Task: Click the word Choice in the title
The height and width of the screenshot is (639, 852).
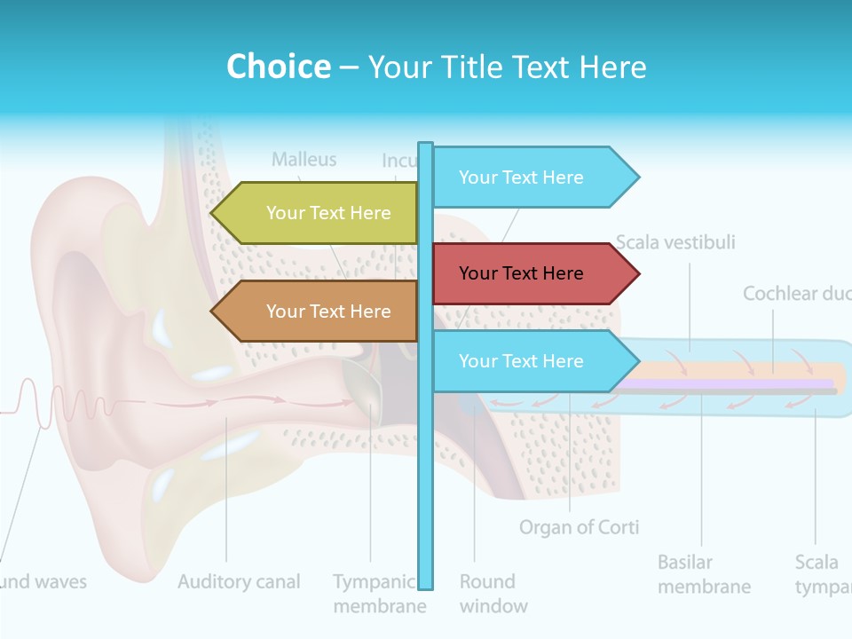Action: pyautogui.click(x=278, y=67)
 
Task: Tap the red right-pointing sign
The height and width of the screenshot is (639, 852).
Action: pyautogui.click(x=532, y=273)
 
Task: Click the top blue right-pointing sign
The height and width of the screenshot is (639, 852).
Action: pyautogui.click(x=532, y=177)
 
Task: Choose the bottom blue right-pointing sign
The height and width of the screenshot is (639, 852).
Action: pyautogui.click(x=532, y=361)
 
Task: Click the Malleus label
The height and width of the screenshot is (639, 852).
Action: pyautogui.click(x=304, y=160)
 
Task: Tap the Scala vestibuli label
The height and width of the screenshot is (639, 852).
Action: pyautogui.click(x=675, y=242)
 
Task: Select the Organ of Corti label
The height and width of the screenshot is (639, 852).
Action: pyautogui.click(x=579, y=527)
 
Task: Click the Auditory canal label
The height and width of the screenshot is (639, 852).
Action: pyautogui.click(x=239, y=582)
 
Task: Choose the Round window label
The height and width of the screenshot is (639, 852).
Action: pyautogui.click(x=493, y=594)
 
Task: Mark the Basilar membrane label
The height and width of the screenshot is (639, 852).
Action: pyautogui.click(x=704, y=574)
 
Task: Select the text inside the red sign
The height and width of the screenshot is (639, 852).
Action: pyautogui.click(x=521, y=273)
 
